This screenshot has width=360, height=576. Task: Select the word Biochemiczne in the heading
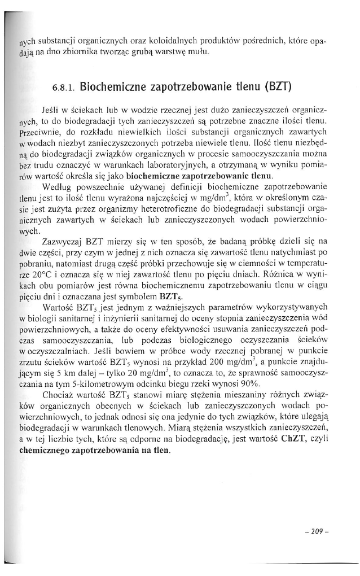tap(116, 88)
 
